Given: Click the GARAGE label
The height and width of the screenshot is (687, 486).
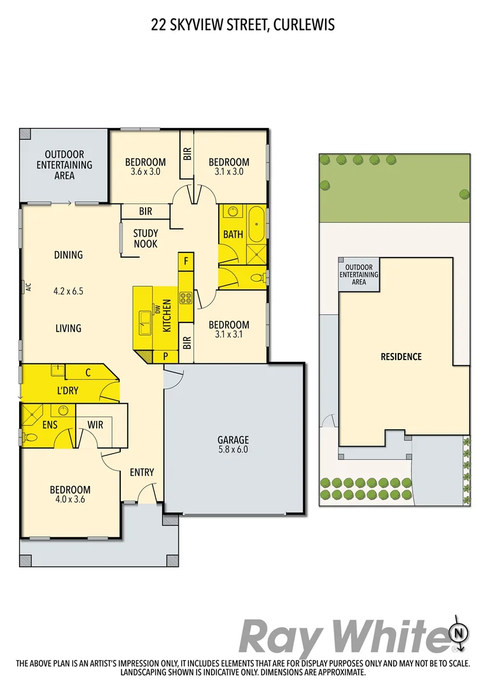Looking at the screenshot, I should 233,440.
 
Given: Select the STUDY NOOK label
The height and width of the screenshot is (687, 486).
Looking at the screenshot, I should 146,239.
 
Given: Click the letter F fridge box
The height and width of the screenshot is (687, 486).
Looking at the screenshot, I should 186,260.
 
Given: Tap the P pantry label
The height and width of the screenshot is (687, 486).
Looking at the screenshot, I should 165,356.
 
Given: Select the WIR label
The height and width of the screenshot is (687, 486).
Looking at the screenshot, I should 95,424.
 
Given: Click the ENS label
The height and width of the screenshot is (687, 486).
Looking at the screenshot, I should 51,424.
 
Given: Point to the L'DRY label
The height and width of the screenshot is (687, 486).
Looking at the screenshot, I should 67,390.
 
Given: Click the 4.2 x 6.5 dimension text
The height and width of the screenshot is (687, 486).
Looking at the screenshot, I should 68,291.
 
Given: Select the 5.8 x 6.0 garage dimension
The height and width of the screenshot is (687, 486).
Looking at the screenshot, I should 233,450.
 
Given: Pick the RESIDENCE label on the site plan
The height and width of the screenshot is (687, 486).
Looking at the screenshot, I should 401,356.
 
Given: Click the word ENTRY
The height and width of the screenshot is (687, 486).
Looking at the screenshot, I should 142,472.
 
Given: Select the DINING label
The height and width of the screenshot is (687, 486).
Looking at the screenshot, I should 68,255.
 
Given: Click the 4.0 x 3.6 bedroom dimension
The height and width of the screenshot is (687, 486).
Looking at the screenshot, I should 70,501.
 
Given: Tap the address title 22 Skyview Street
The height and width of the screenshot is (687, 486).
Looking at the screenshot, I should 242,25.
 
